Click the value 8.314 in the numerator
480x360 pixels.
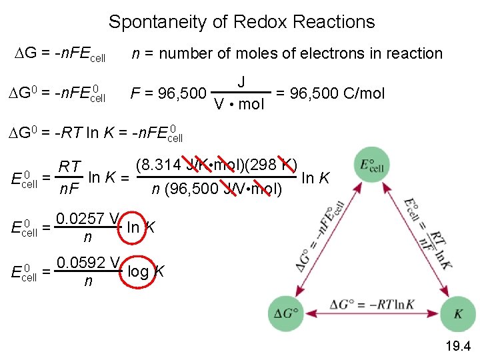tap(154, 164)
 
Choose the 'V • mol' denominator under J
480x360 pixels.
tap(238, 104)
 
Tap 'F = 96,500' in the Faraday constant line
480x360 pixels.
tap(167, 93)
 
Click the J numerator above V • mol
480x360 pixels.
tap(241, 82)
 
